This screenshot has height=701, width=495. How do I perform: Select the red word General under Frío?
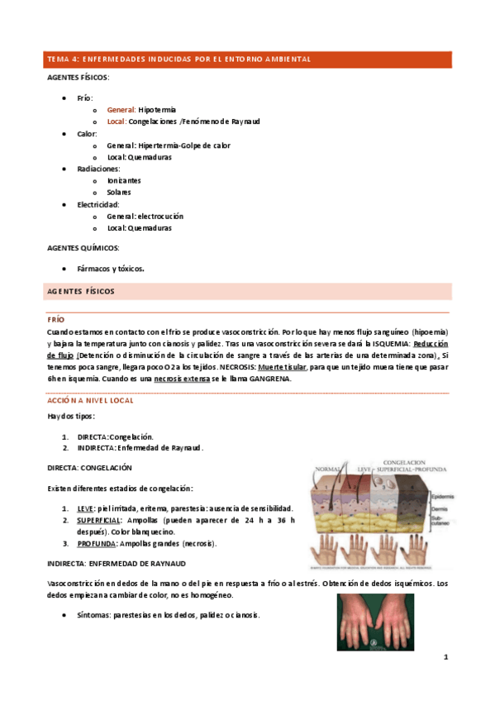pos(121,109)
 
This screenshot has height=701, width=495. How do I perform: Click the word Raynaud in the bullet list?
pos(242,122)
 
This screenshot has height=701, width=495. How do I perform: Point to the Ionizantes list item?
pos(124,180)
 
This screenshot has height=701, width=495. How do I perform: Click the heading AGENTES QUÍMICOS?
pos(83,247)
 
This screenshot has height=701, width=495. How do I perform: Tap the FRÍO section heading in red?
pos(55,319)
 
